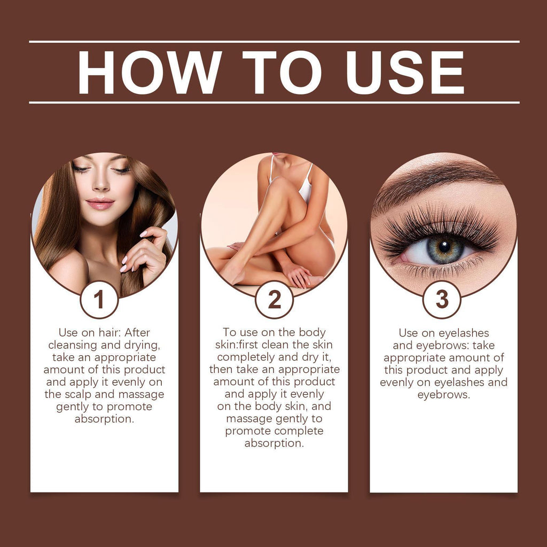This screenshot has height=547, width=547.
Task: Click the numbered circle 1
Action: pyautogui.click(x=99, y=300)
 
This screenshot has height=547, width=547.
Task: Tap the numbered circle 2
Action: pyautogui.click(x=274, y=300)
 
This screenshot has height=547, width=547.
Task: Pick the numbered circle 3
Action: pyautogui.click(x=442, y=300)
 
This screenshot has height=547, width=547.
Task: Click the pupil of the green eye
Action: pyautogui.click(x=444, y=247)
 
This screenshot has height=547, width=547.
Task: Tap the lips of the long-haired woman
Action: pyautogui.click(x=100, y=204)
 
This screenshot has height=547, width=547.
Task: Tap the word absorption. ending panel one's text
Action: pyautogui.click(x=104, y=419)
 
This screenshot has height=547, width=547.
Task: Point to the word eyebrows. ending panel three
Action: pyautogui.click(x=443, y=395)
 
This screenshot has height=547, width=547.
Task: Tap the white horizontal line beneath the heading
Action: pyautogui.click(x=273, y=102)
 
